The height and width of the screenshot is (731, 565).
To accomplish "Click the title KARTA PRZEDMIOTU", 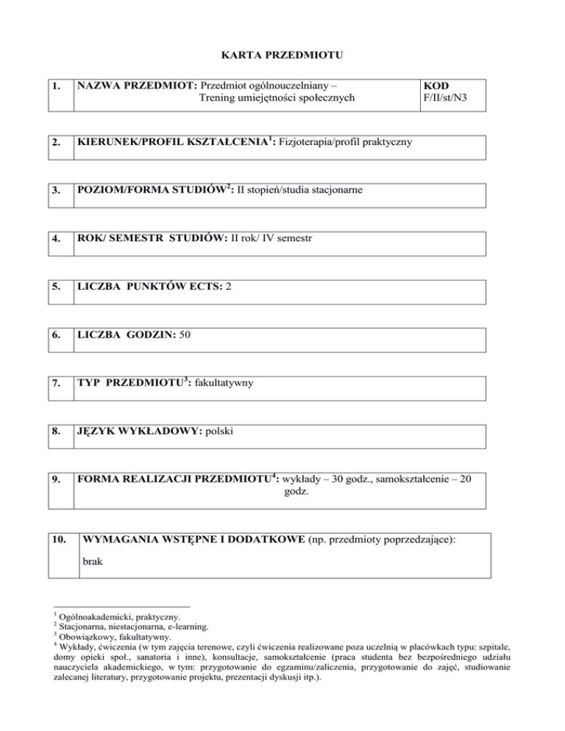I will (282, 54).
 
